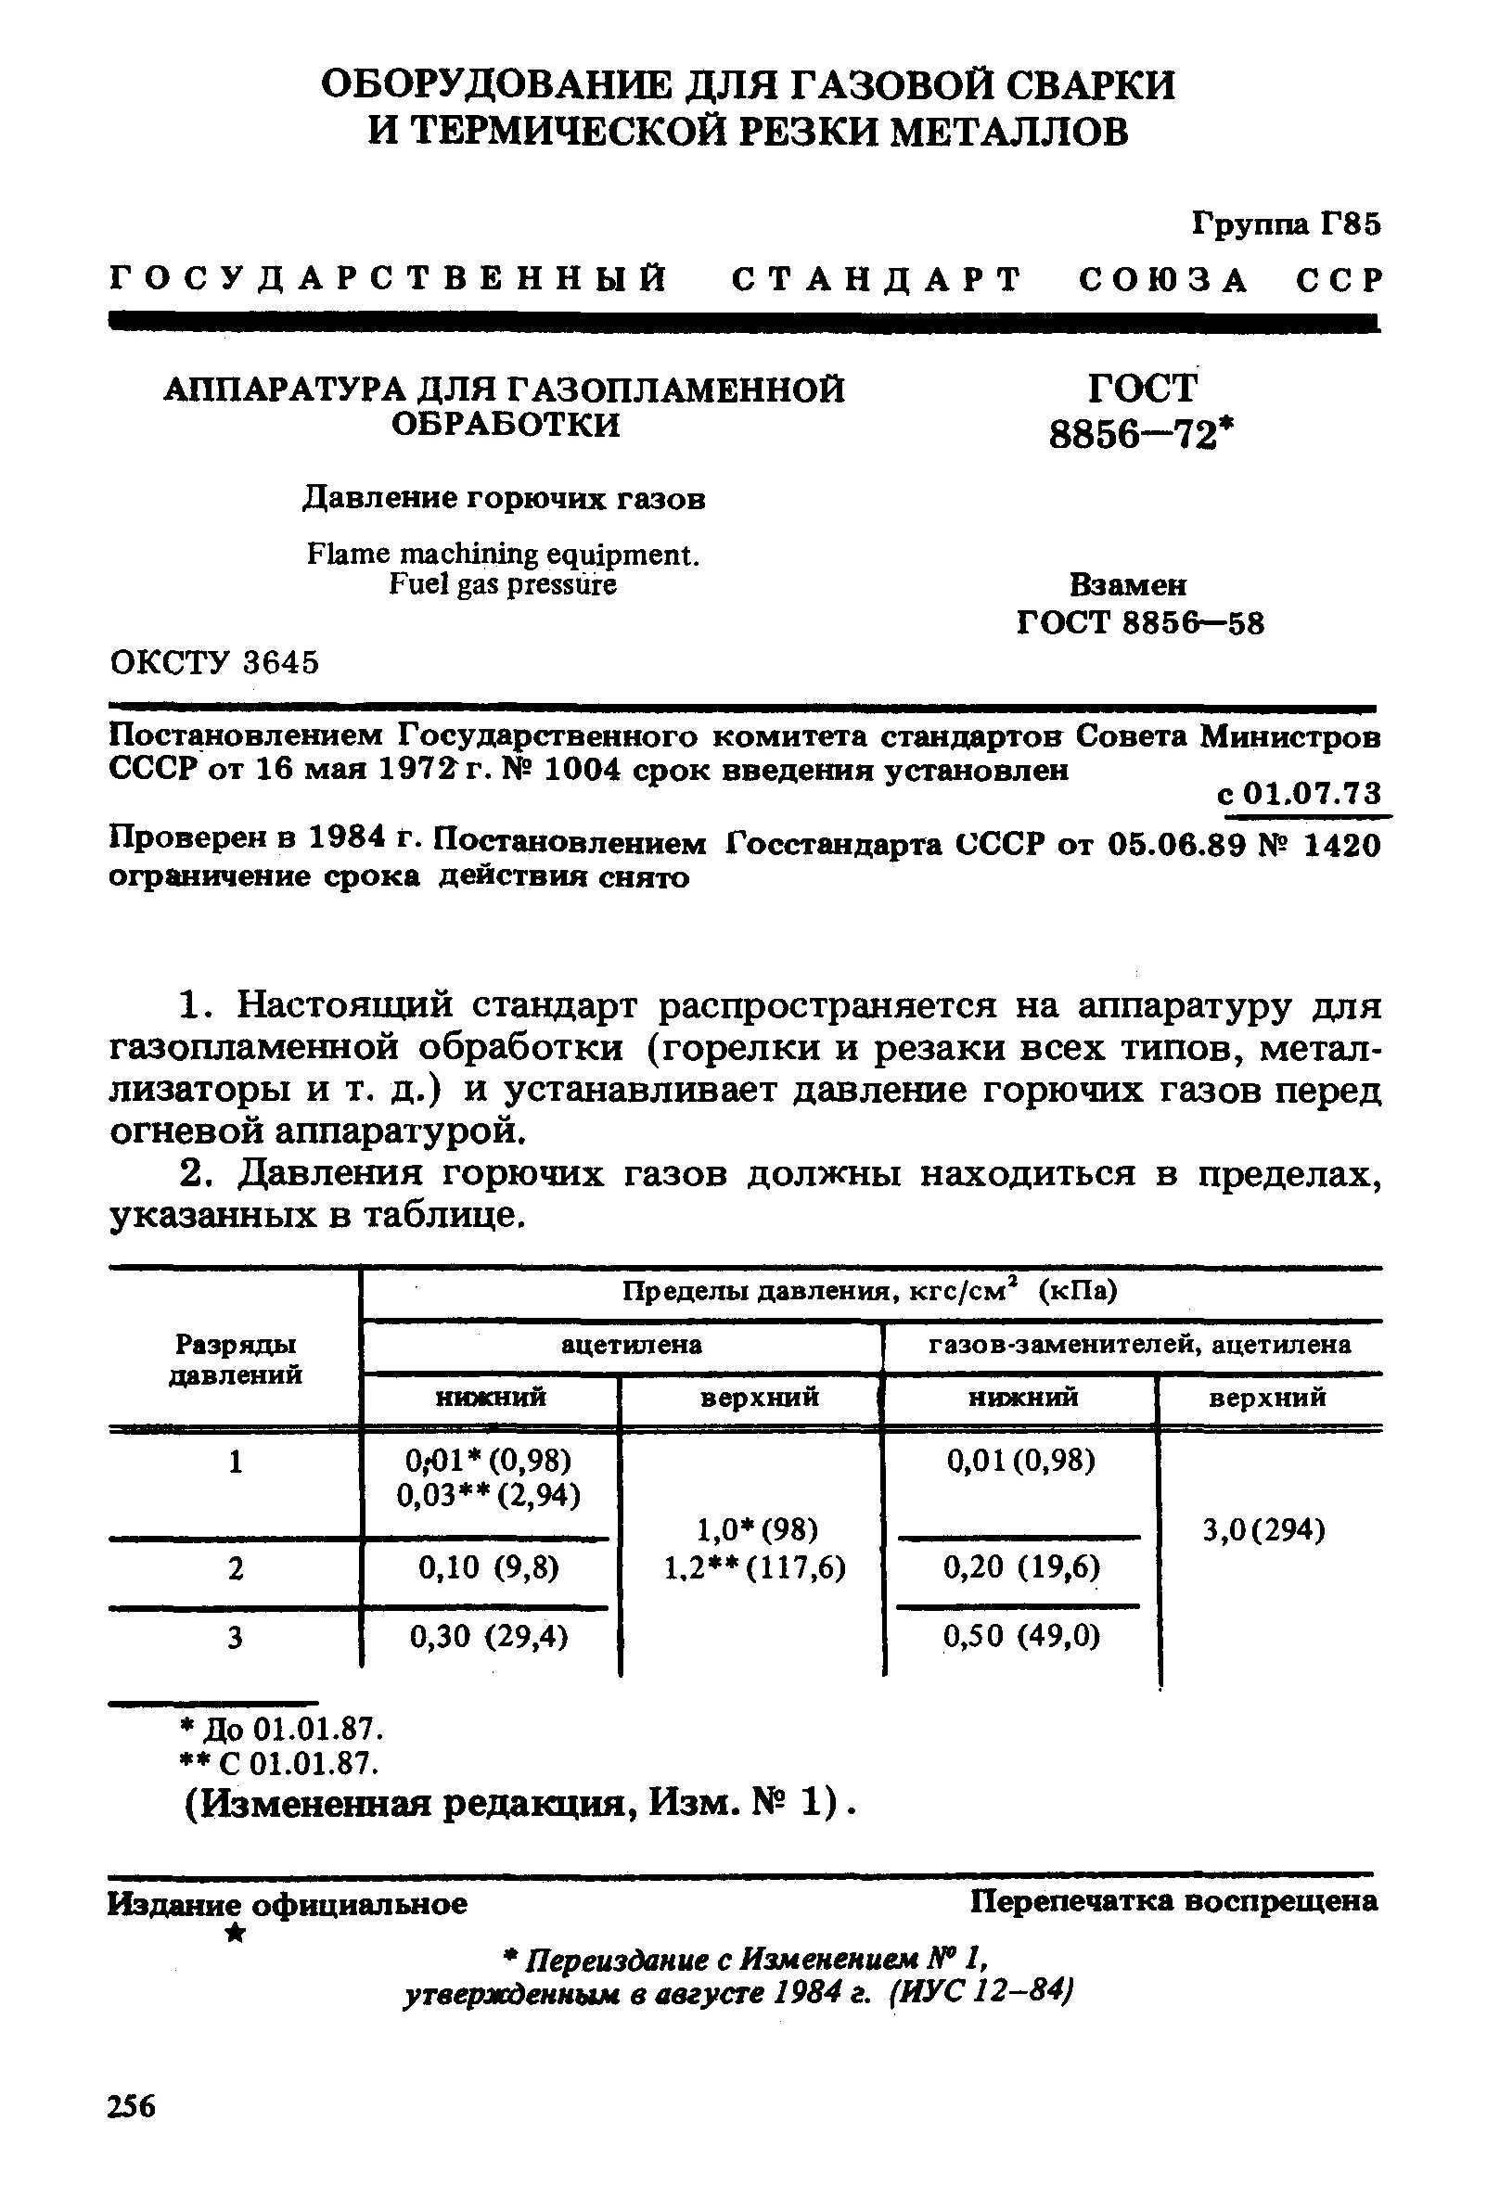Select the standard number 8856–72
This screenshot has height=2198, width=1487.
(1142, 435)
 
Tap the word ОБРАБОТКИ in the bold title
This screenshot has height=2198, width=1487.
(506, 425)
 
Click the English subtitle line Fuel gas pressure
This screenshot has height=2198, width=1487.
(502, 585)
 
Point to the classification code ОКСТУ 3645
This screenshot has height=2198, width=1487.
(214, 663)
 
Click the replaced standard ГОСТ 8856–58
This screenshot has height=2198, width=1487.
(1140, 623)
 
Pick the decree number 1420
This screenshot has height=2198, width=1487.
(1341, 845)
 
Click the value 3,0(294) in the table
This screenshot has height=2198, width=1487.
(1263, 1529)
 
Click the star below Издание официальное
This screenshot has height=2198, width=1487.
(236, 1933)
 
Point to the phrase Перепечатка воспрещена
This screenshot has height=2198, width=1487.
(1173, 1901)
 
